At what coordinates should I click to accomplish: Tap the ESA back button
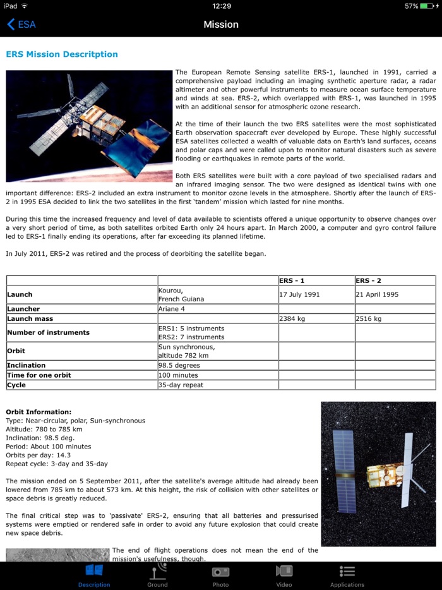pos(21,25)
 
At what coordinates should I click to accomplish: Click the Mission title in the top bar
pos(221,25)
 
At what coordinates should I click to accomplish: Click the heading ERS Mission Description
pos(62,54)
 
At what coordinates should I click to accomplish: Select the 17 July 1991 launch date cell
pos(299,294)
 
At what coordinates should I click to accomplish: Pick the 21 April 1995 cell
pos(377,294)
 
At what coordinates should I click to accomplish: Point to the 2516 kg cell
pos(369,319)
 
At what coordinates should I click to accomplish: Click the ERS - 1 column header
pos(292,280)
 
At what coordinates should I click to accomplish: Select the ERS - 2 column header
pos(369,280)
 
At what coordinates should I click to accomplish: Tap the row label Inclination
pos(27,365)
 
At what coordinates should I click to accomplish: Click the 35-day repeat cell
pos(181,385)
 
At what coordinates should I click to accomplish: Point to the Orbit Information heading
pos(39,412)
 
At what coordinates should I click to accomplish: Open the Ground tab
pos(157,575)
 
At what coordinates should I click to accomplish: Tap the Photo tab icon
pos(220,572)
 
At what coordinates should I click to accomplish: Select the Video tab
pos(284,575)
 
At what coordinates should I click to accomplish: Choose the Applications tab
pos(347,575)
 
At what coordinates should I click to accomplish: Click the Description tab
pos(94,575)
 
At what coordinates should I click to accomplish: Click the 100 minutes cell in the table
pos(177,375)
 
